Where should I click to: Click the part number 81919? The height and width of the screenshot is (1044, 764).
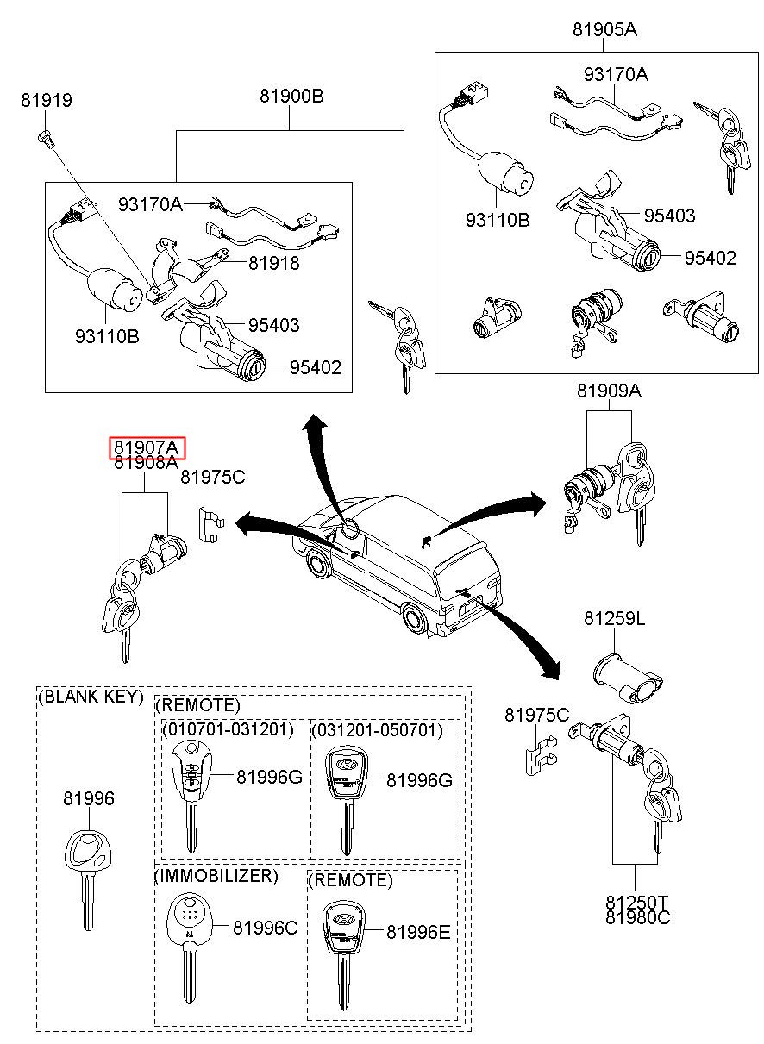(47, 101)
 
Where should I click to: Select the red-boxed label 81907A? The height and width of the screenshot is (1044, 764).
(147, 448)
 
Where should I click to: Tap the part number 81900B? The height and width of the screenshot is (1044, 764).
(291, 97)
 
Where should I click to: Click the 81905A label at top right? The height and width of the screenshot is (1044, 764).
(604, 30)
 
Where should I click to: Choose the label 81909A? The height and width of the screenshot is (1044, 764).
(609, 391)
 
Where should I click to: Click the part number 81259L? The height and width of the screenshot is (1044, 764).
(613, 619)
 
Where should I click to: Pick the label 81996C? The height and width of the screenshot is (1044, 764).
(265, 928)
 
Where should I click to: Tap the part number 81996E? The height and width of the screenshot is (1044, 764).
(418, 932)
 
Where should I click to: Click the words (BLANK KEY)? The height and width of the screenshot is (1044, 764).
(91, 697)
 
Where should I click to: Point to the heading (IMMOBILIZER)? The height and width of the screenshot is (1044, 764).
(216, 877)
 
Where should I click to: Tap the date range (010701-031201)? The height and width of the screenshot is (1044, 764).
(228, 730)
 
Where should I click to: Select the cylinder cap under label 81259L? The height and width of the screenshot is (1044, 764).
(623, 673)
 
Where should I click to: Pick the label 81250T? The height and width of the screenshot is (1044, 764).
(637, 902)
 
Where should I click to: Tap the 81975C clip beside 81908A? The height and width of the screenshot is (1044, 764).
(208, 522)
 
